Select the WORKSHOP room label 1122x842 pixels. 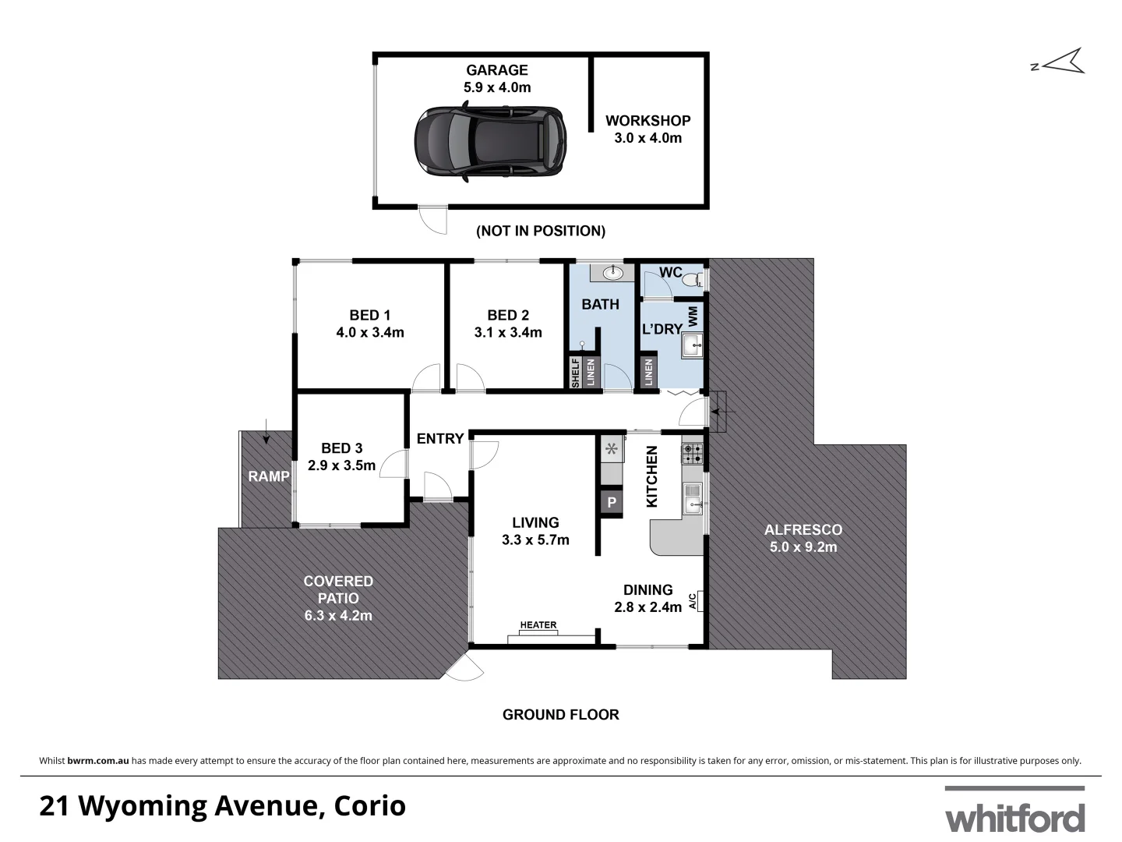[x=647, y=121]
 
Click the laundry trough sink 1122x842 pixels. [x=692, y=344]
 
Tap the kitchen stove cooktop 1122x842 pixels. [x=692, y=454]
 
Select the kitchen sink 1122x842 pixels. [x=692, y=499]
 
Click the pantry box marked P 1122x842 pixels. [x=612, y=503]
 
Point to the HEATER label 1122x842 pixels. [x=538, y=625]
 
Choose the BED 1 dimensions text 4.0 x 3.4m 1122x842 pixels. [x=370, y=332]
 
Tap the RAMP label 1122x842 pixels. [x=269, y=476]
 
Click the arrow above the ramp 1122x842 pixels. [x=266, y=432]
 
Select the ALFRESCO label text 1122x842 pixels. [x=803, y=529]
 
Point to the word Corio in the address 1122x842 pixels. [x=370, y=806]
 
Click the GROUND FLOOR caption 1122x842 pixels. [x=560, y=714]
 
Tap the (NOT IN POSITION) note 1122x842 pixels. [x=541, y=231]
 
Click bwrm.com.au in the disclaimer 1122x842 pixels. [x=98, y=761]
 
